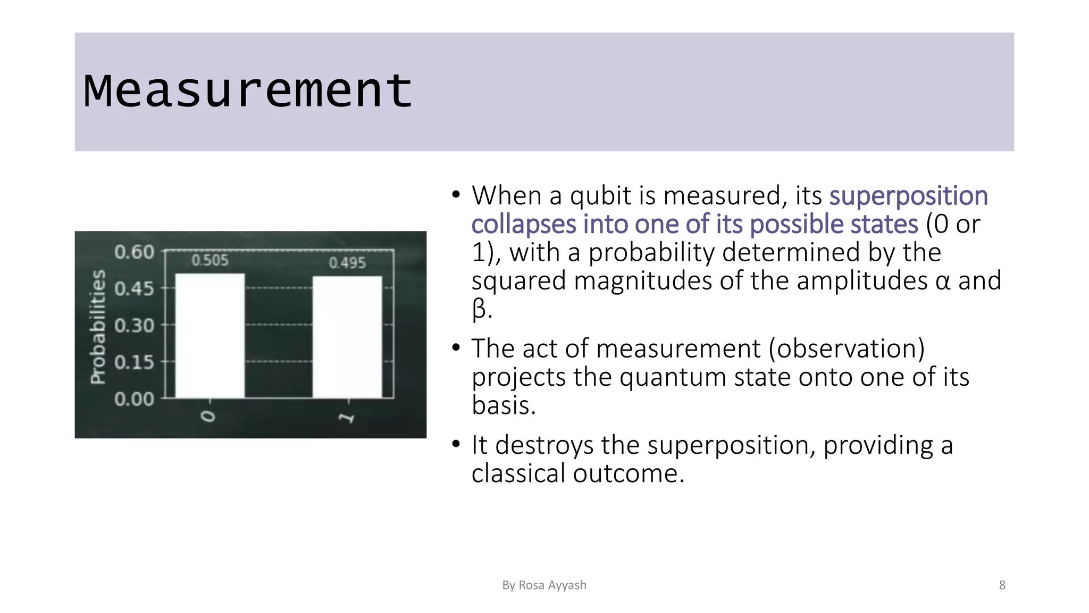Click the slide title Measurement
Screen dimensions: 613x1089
[248, 91]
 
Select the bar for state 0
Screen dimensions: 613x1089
[210, 335]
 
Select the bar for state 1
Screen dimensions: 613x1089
[347, 337]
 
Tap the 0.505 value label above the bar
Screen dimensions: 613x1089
[210, 260]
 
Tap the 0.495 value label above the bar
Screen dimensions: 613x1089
[347, 263]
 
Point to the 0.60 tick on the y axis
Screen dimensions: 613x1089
[134, 252]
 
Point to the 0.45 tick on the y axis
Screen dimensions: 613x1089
[134, 289]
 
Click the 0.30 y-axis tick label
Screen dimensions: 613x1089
[134, 325]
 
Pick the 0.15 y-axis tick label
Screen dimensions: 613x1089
[134, 362]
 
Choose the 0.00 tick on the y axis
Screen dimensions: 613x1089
[134, 399]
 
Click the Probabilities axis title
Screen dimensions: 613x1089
[98, 327]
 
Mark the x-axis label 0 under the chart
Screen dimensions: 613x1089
[209, 416]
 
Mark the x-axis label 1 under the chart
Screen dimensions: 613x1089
[347, 418]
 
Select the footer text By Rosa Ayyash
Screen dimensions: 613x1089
[544, 585]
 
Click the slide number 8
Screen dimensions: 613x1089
[1002, 585]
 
